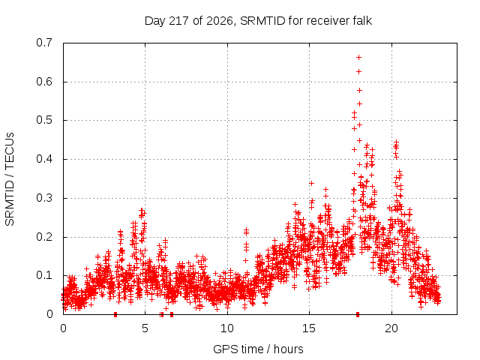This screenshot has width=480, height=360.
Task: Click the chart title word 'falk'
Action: coord(362,21)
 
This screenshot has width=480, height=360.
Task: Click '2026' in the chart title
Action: coord(220,21)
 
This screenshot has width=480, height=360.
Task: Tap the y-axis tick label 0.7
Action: coord(44,43)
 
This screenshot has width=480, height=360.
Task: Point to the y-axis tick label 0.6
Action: coord(44,82)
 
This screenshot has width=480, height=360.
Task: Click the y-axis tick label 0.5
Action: coord(44,120)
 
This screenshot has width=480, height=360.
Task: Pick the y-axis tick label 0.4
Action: coord(44,159)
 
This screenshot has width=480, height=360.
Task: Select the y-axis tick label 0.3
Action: coord(44,198)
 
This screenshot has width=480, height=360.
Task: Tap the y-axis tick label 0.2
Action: coord(44,237)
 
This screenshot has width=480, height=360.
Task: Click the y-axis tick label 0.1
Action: coord(44,275)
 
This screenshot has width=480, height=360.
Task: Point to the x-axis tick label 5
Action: coord(145,328)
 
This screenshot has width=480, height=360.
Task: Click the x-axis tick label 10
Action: coord(227,328)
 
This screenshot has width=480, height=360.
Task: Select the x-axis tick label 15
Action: coord(309,328)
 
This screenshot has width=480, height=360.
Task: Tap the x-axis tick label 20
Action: coord(391,328)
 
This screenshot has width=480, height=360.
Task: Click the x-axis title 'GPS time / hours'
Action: coord(258,349)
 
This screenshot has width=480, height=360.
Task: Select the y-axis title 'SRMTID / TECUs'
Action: coord(10,179)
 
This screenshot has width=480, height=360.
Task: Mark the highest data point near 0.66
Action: coord(358,57)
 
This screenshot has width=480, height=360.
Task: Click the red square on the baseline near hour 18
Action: coord(358,314)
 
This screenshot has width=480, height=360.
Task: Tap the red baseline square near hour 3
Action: coord(115,314)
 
